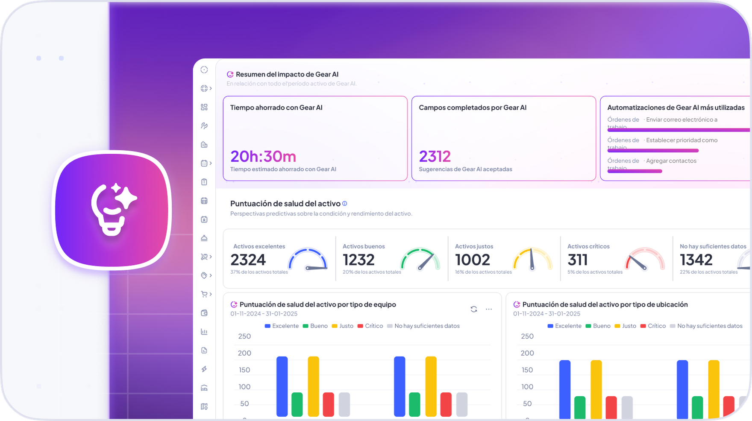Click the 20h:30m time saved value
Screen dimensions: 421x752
coord(263,157)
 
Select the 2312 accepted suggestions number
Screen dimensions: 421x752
coord(435,157)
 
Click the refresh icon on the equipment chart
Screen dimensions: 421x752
coord(473,309)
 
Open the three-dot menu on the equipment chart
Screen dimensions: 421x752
coord(489,309)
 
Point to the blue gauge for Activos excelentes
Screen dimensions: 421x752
coord(308,259)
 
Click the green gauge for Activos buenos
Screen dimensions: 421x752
coord(420,259)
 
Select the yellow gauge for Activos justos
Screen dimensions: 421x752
coord(532,259)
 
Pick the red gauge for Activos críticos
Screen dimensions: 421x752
coord(645,259)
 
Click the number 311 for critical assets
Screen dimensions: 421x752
coord(577,260)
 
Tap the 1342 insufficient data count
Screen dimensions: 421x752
coord(696,260)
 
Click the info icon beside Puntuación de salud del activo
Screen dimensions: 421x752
coord(345,204)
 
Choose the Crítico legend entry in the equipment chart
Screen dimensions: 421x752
coord(370,326)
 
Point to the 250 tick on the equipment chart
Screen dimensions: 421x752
coord(244,336)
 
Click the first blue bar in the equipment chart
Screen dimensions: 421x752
coord(282,386)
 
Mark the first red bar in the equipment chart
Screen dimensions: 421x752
coord(328,404)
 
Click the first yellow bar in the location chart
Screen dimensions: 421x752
coord(596,389)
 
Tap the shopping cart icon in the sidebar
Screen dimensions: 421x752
coord(204,294)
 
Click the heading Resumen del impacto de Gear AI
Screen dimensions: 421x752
coord(287,74)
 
